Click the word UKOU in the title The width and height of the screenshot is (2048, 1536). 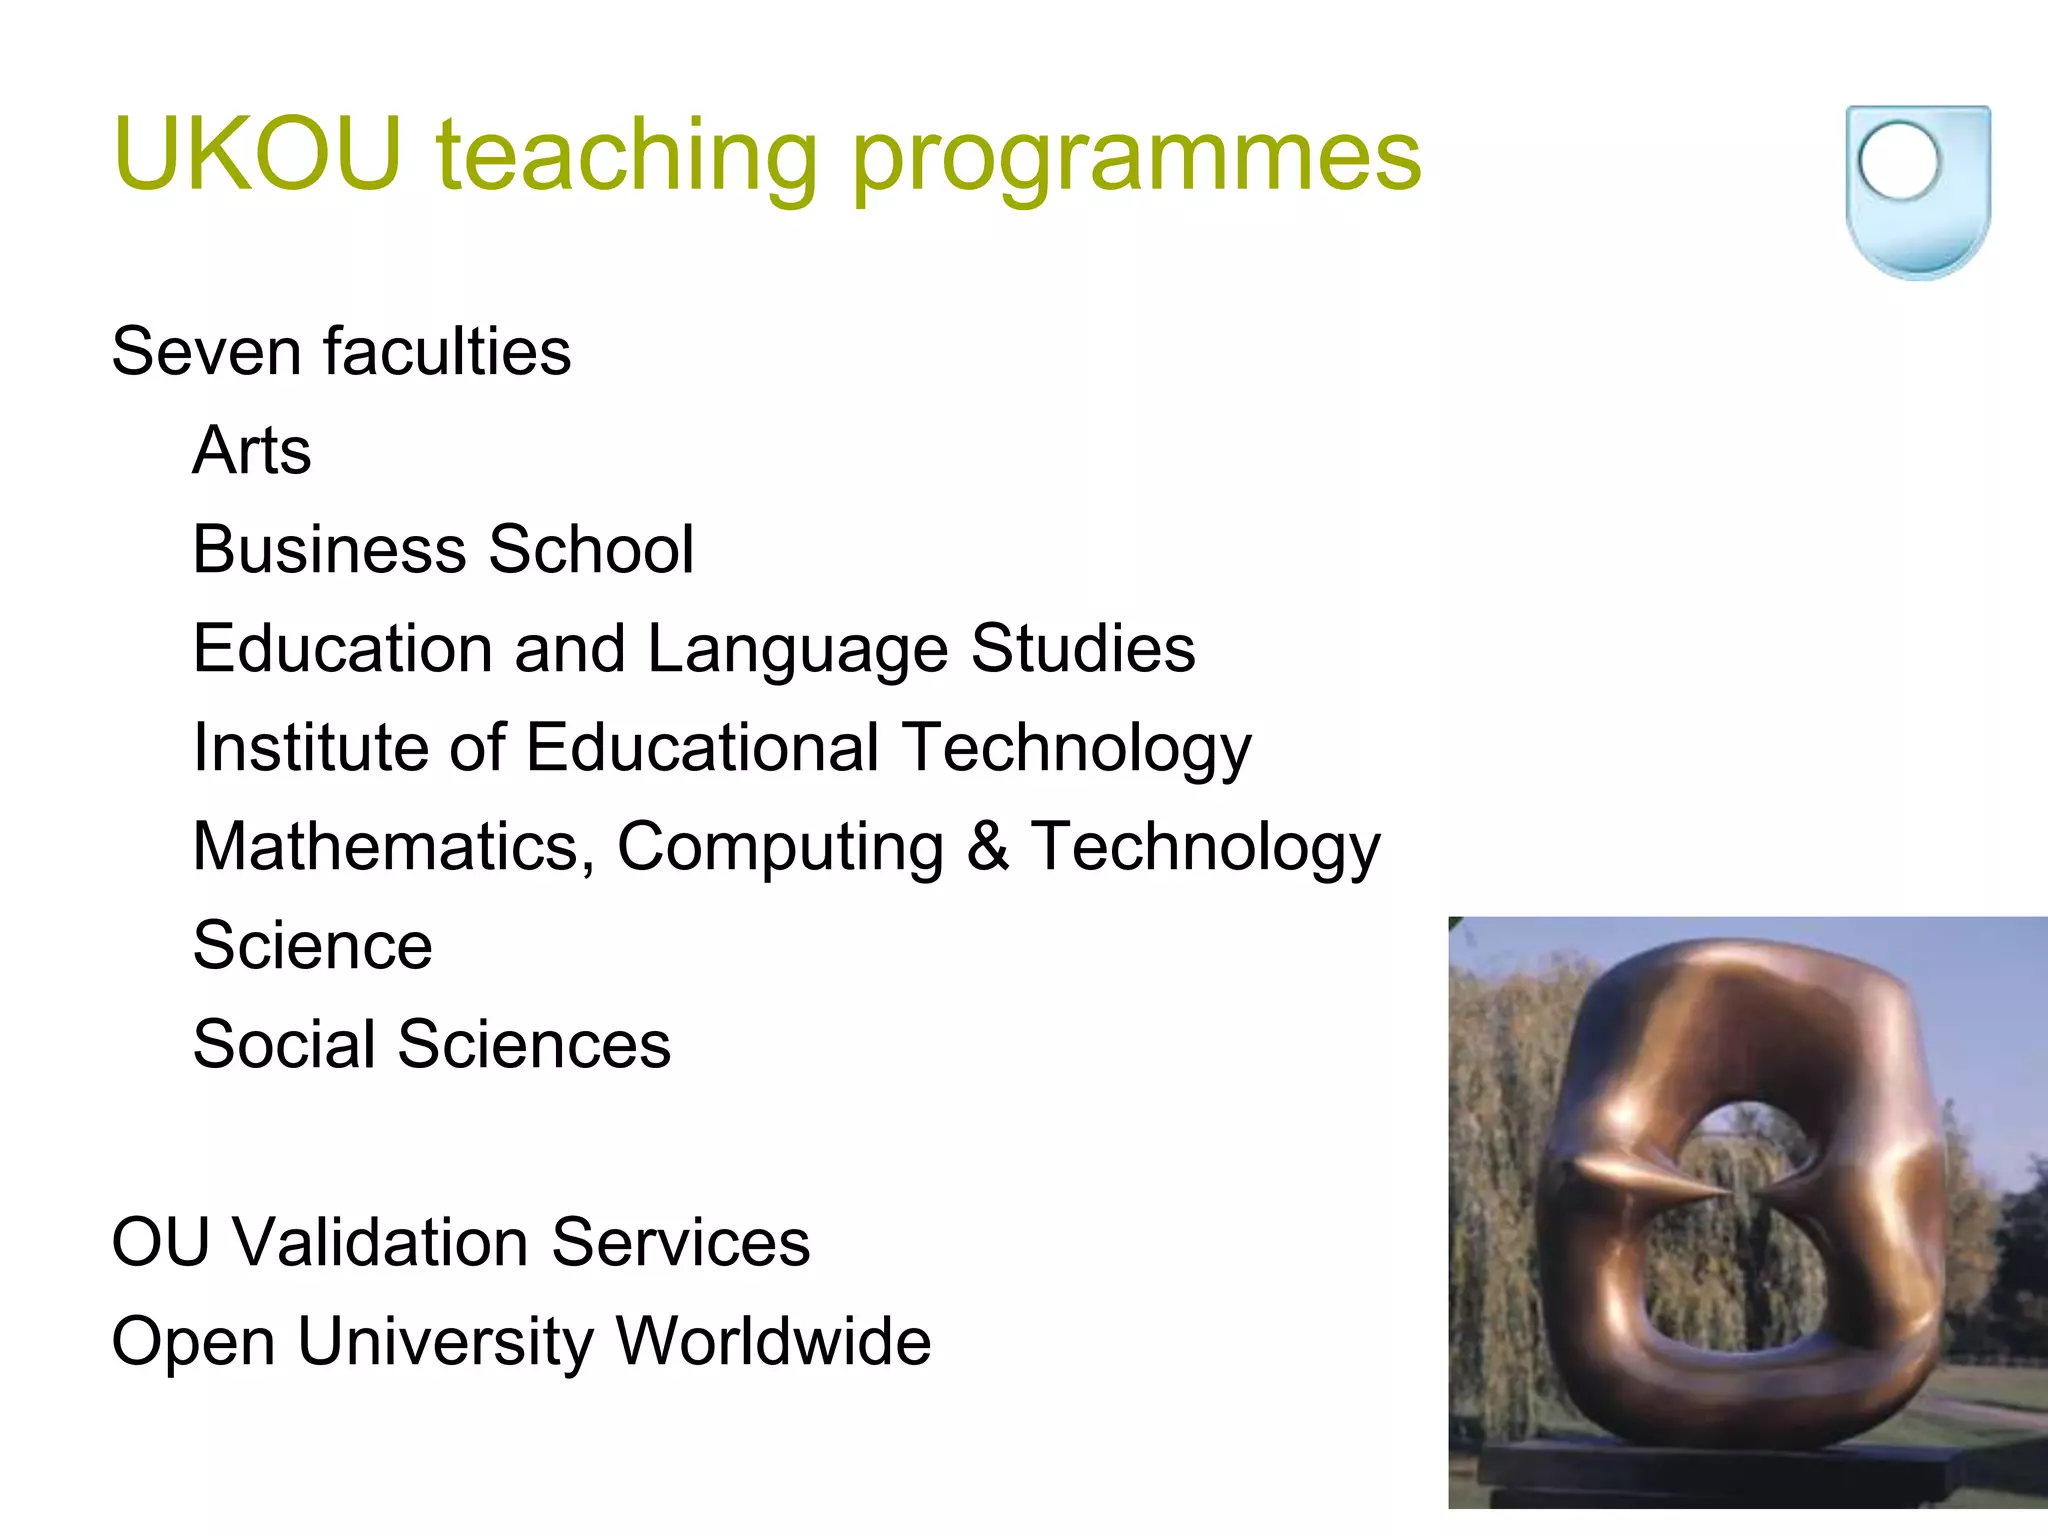258,154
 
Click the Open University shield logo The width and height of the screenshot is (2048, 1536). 1917,191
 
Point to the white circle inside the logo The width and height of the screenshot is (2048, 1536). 1898,161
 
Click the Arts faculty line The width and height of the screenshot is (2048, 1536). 252,450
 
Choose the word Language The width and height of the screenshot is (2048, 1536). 797,650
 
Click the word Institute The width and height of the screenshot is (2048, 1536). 311,747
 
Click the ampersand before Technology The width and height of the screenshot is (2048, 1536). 988,847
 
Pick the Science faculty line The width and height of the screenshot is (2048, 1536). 313,945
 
